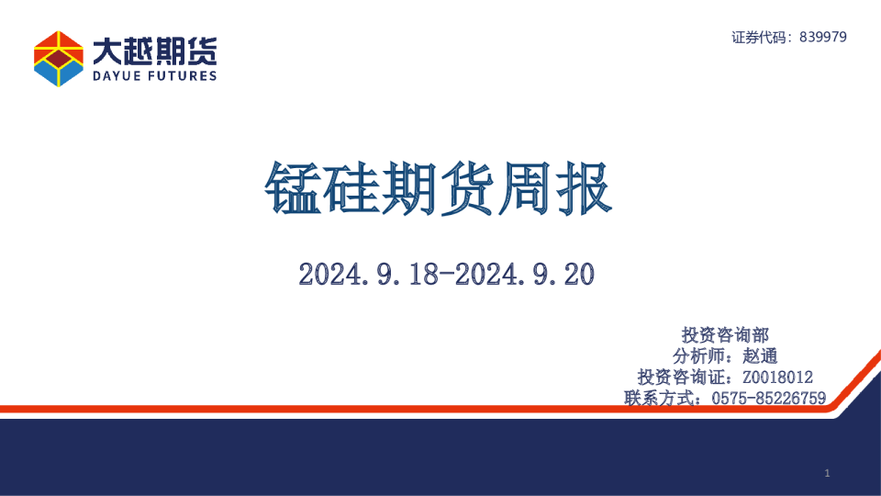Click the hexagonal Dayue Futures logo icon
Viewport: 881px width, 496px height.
click(x=59, y=58)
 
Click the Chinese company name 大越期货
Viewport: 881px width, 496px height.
click(x=154, y=50)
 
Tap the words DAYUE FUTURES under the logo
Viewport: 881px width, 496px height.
click(x=154, y=76)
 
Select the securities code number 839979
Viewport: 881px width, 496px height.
click(x=823, y=37)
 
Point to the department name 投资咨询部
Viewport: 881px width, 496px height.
click(x=725, y=335)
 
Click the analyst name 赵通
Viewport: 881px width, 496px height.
click(x=762, y=356)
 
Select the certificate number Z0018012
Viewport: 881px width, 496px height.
click(x=777, y=378)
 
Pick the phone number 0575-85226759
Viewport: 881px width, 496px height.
click(x=769, y=398)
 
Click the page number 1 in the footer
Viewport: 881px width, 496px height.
click(x=827, y=473)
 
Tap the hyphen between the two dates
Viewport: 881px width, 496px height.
click(x=447, y=273)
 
